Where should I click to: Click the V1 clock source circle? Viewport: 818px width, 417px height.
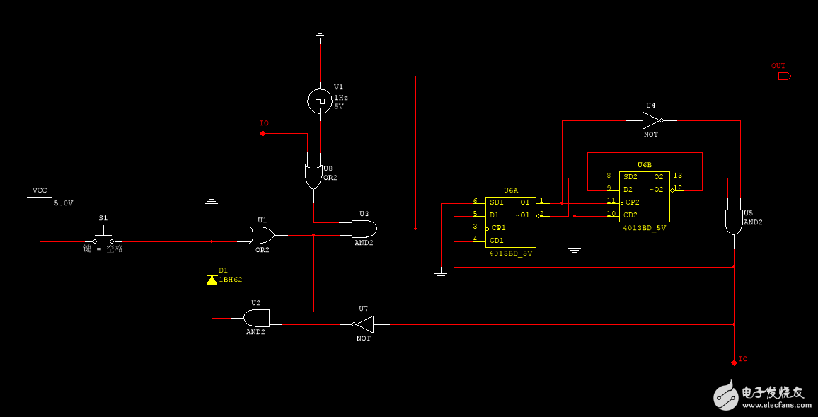pos(320,101)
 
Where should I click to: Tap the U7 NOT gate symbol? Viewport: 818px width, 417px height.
pos(364,324)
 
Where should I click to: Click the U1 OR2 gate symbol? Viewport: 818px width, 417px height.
pos(263,234)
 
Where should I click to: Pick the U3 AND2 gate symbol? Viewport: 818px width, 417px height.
pos(364,228)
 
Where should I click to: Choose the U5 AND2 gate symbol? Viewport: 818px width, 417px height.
pos(734,222)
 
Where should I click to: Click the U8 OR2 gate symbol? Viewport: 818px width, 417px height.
pos(313,176)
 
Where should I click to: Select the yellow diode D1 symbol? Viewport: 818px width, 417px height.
pos(212,280)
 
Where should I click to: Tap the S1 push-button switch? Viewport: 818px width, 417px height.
pos(103,238)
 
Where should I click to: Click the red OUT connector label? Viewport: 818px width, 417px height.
pos(778,66)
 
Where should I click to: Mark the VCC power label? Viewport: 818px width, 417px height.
pos(40,190)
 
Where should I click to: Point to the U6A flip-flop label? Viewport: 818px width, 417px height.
pos(510,190)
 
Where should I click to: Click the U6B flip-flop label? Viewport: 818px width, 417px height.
pos(644,164)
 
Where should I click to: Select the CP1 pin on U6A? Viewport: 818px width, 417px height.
pos(497,227)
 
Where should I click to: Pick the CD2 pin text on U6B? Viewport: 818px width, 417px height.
pos(630,215)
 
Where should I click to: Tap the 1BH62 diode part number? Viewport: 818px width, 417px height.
pos(231,280)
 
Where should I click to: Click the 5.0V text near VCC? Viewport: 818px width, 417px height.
pos(64,203)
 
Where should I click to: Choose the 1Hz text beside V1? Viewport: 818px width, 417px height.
pos(341,97)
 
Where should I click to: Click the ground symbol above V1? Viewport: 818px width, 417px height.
pos(320,35)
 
